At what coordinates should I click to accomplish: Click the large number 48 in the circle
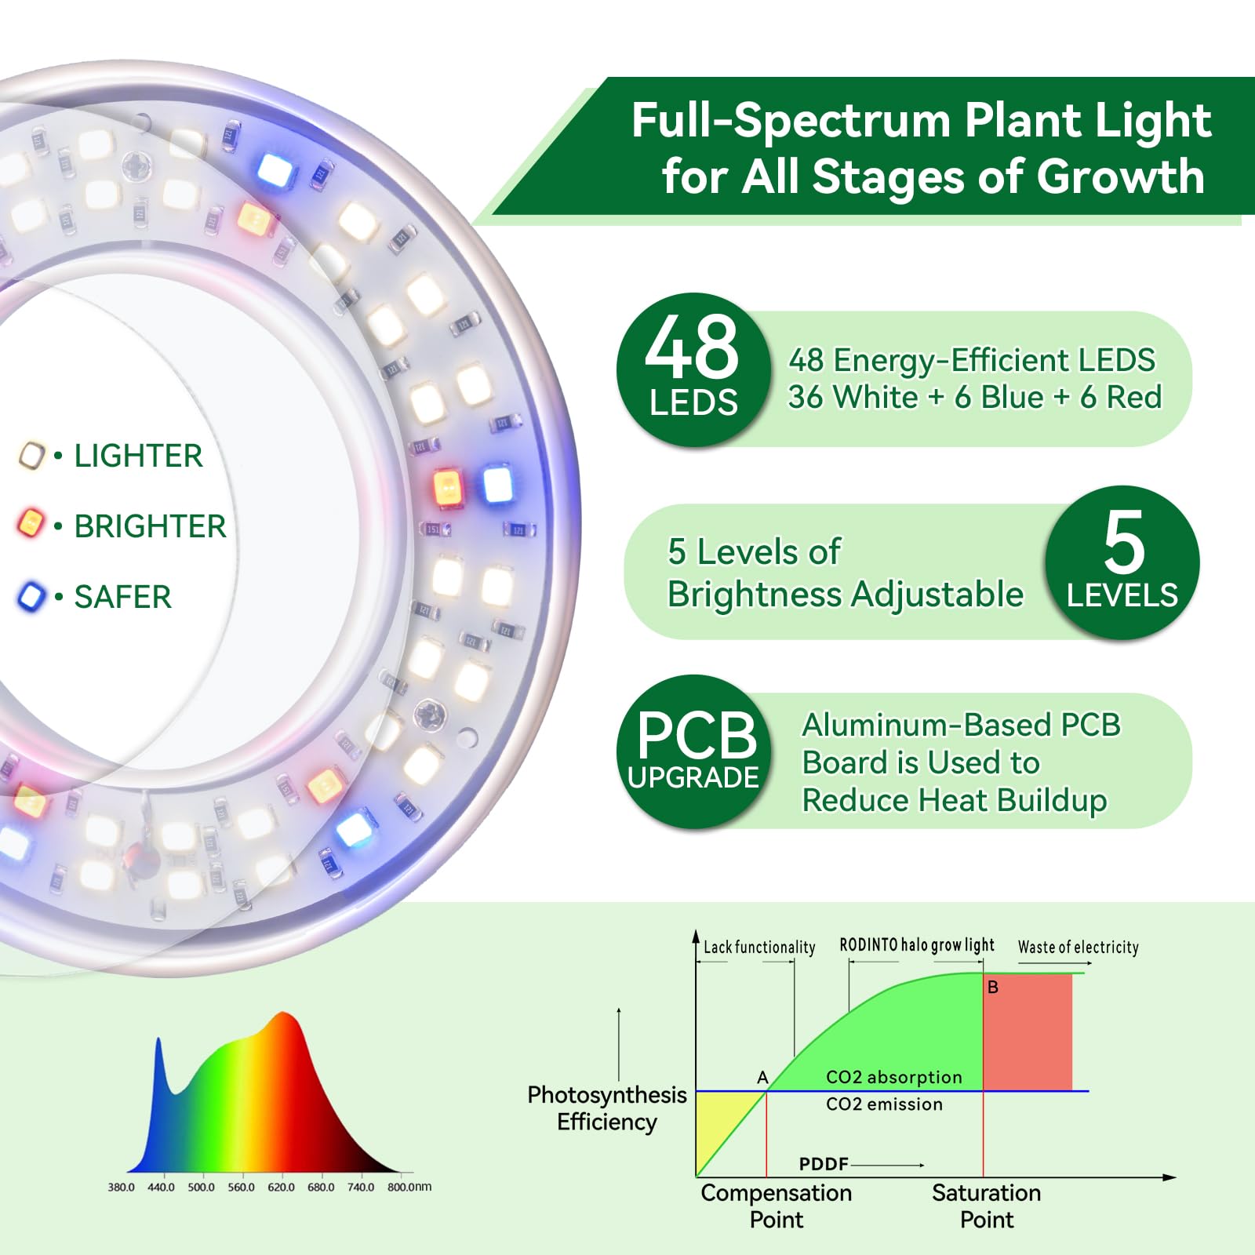point(692,347)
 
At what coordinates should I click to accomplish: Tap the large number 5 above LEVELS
point(1123,543)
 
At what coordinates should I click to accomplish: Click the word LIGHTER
point(138,456)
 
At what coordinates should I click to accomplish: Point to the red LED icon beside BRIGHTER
point(31,524)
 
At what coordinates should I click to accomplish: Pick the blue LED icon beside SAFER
point(31,596)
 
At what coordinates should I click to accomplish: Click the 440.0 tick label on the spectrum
point(161,1187)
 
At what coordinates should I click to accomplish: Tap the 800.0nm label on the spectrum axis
point(409,1187)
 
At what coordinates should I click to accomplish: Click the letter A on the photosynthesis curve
point(762,1078)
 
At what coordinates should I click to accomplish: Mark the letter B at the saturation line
point(993,988)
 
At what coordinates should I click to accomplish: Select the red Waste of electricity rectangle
point(1028,1031)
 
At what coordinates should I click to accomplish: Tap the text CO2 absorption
point(893,1077)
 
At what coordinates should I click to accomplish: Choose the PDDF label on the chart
point(824,1164)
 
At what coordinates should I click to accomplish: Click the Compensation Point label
point(776,1206)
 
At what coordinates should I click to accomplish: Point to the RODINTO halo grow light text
point(916,945)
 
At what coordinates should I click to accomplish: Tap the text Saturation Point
point(986,1206)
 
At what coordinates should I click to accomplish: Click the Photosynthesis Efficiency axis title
point(606,1108)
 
